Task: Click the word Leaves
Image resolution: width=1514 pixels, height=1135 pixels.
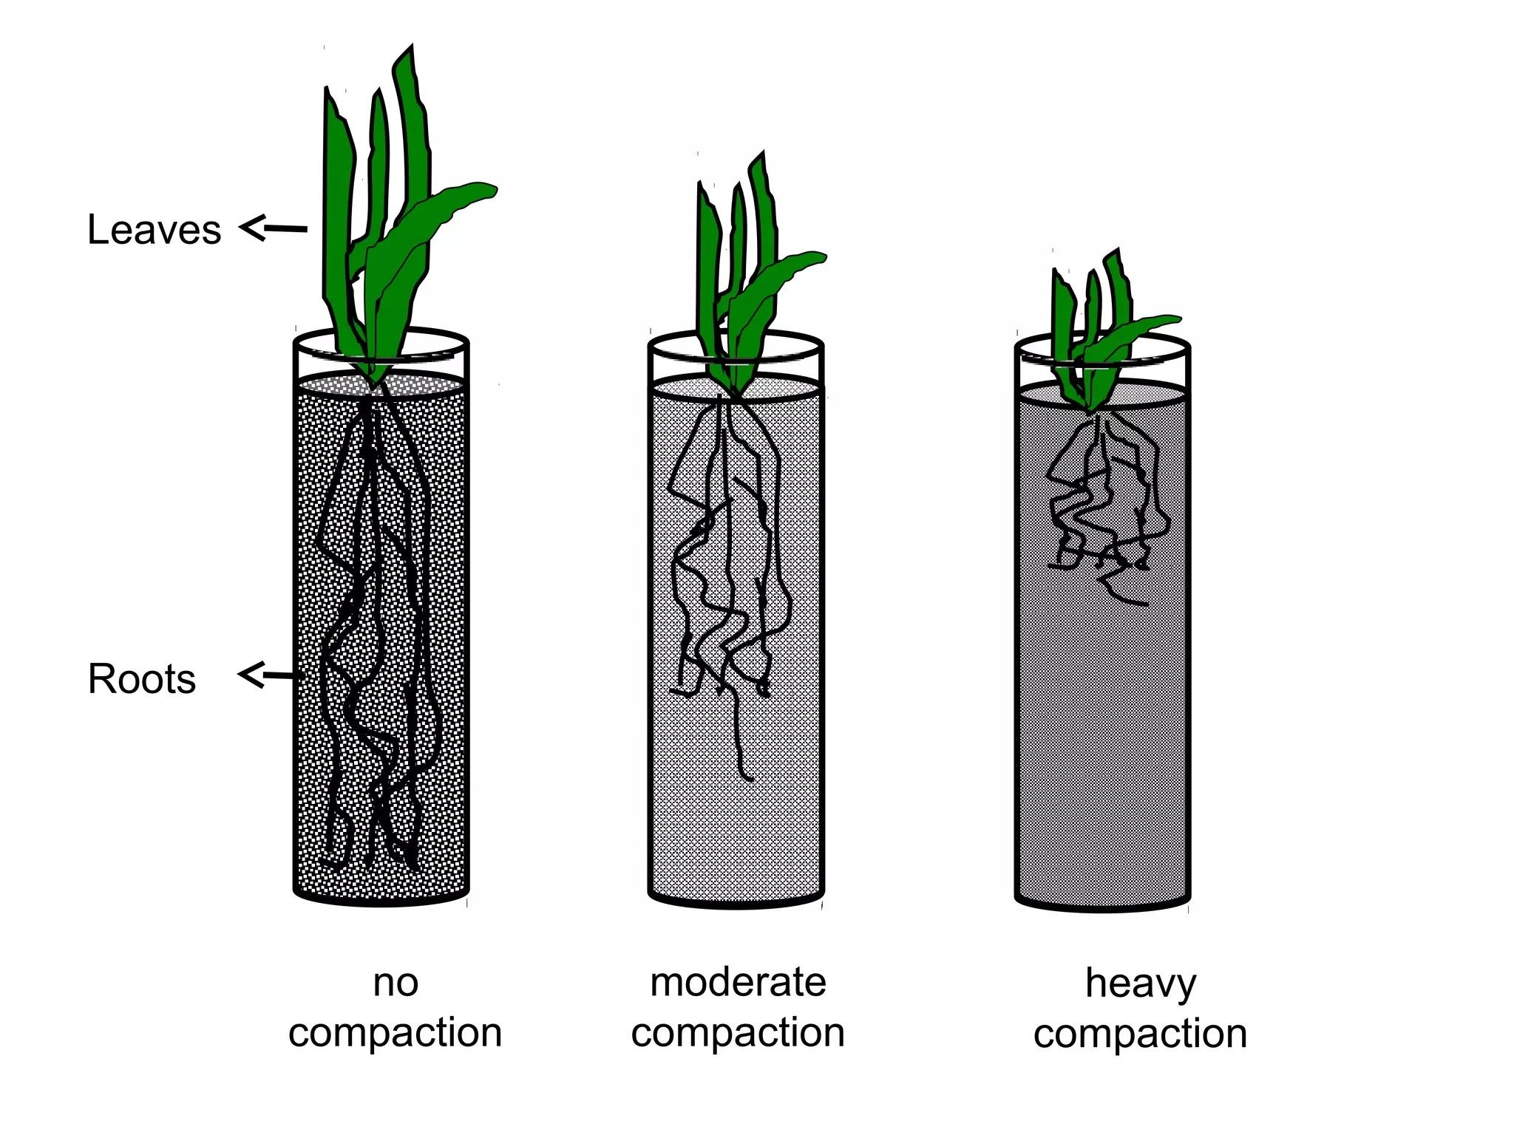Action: (154, 229)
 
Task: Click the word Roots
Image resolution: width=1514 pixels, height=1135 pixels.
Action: (141, 678)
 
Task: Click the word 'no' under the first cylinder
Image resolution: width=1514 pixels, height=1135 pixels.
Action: (396, 983)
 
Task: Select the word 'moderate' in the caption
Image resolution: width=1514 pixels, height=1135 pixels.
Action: (738, 983)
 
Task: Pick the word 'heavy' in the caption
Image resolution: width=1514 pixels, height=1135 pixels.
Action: (1140, 984)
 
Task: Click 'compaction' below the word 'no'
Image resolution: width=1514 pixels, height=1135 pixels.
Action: (396, 1032)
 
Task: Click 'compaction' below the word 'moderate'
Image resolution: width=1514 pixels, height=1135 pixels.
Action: (738, 1032)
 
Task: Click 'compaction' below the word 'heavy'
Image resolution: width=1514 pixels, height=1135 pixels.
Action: (1140, 1034)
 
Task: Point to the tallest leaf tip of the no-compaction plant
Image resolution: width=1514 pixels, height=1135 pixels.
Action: (410, 47)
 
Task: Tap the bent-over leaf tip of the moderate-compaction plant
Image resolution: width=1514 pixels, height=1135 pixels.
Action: (819, 257)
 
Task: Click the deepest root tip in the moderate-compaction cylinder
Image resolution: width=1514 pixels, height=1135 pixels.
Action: (750, 778)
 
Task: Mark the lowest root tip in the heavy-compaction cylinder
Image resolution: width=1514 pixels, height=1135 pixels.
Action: (1145, 604)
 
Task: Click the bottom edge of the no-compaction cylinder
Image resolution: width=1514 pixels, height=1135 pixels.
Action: (381, 902)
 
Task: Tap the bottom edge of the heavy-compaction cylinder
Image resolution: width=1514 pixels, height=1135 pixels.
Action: (1102, 908)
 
